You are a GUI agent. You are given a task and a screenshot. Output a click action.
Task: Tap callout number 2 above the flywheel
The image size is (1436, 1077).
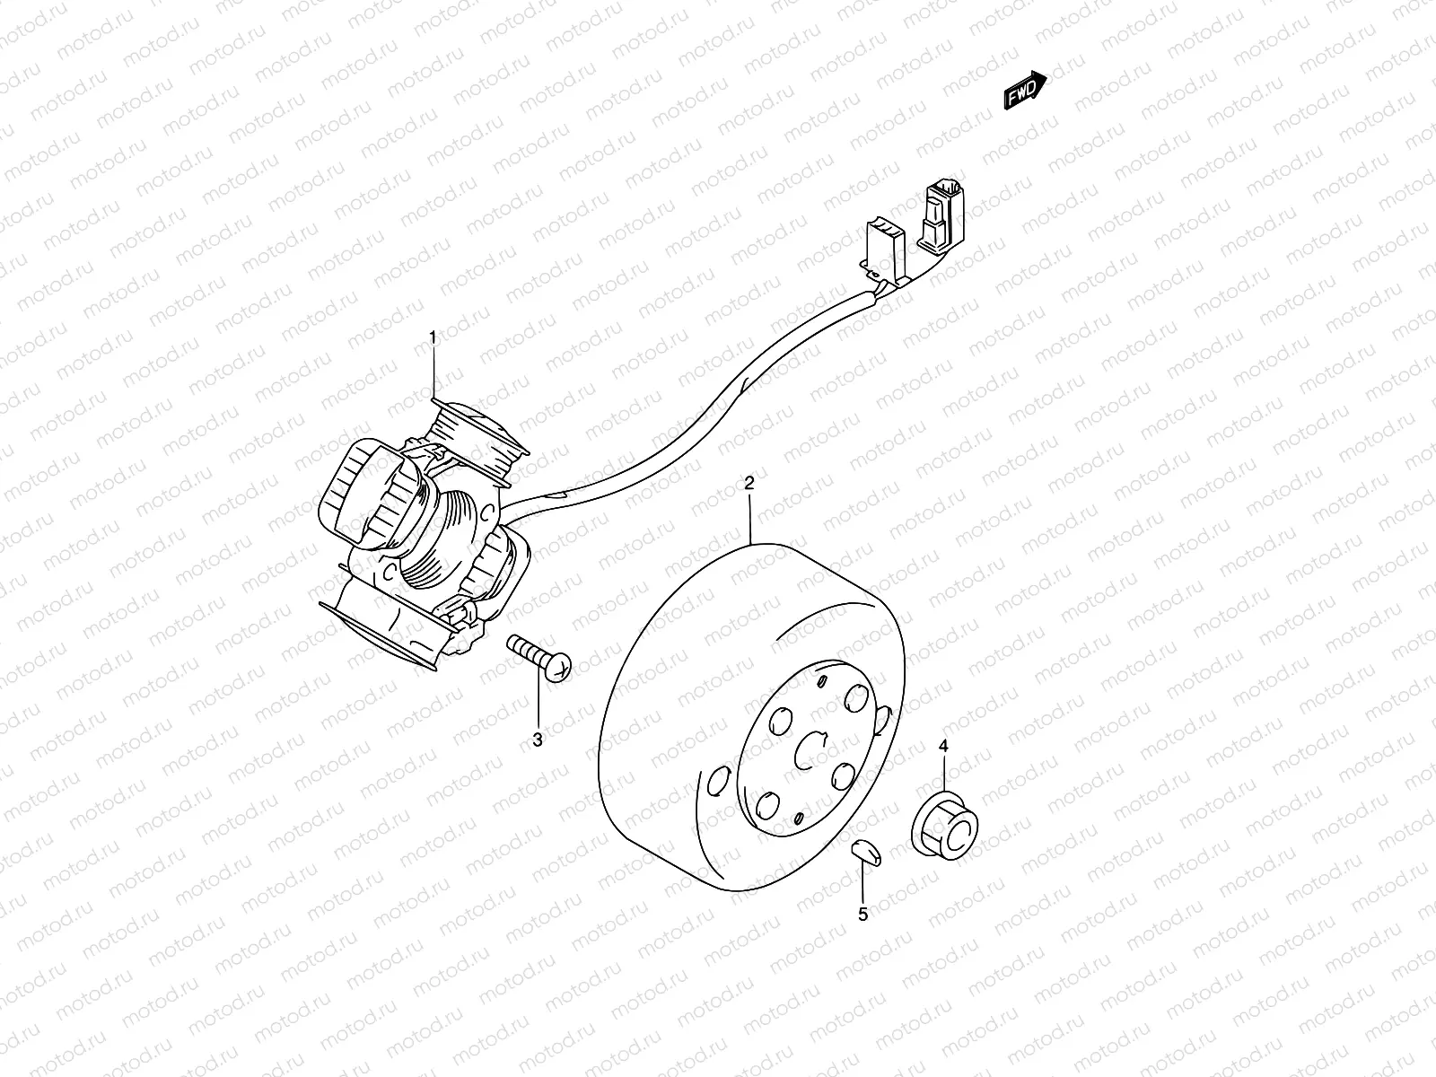[749, 483]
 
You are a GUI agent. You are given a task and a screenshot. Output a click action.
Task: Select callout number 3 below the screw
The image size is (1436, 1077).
[538, 740]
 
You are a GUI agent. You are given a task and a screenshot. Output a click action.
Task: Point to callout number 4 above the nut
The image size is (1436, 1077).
[943, 746]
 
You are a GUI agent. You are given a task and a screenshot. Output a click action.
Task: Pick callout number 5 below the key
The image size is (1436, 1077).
[862, 915]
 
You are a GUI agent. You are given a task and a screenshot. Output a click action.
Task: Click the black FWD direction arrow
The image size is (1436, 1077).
[1025, 90]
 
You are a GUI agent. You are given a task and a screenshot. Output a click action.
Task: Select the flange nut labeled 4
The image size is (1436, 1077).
[945, 825]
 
